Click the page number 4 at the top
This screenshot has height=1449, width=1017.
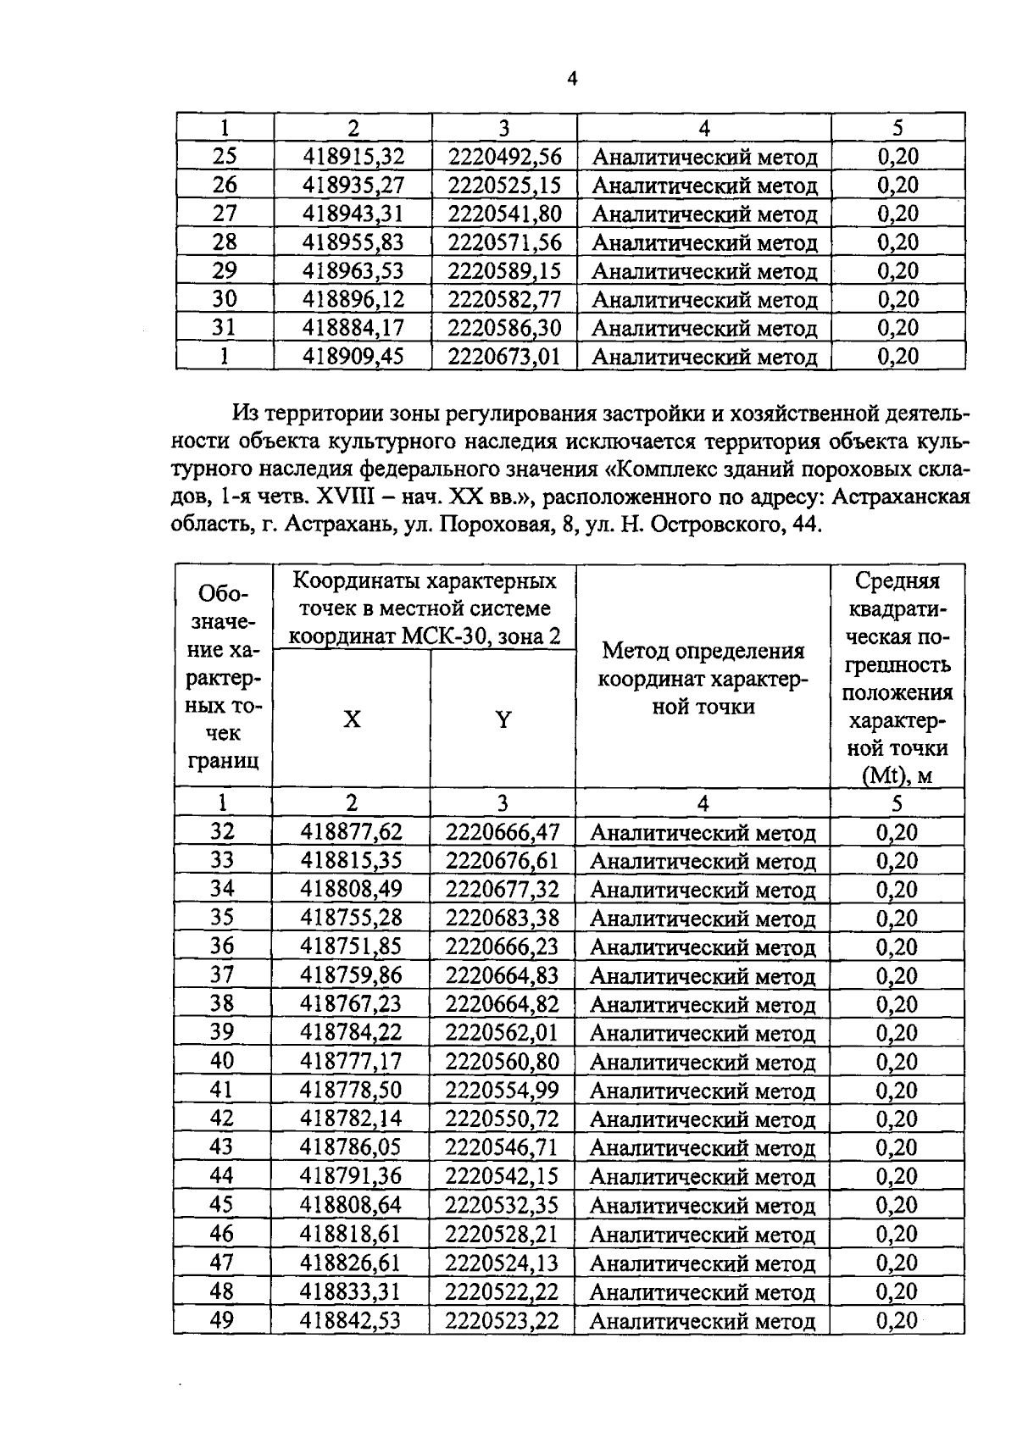[572, 80]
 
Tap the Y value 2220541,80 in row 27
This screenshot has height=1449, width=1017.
[504, 214]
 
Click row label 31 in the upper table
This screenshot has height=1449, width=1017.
[224, 328]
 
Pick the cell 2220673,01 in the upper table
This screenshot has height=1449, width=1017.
[504, 356]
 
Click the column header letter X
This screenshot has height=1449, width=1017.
[351, 719]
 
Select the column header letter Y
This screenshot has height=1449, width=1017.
[503, 719]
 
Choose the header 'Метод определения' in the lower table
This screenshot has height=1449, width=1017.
[703, 651]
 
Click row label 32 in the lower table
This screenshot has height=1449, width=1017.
[222, 832]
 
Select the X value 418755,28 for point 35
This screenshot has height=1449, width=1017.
[351, 918]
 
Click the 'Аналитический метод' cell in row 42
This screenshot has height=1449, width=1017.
[702, 1119]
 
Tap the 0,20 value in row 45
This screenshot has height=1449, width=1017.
[897, 1205]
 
